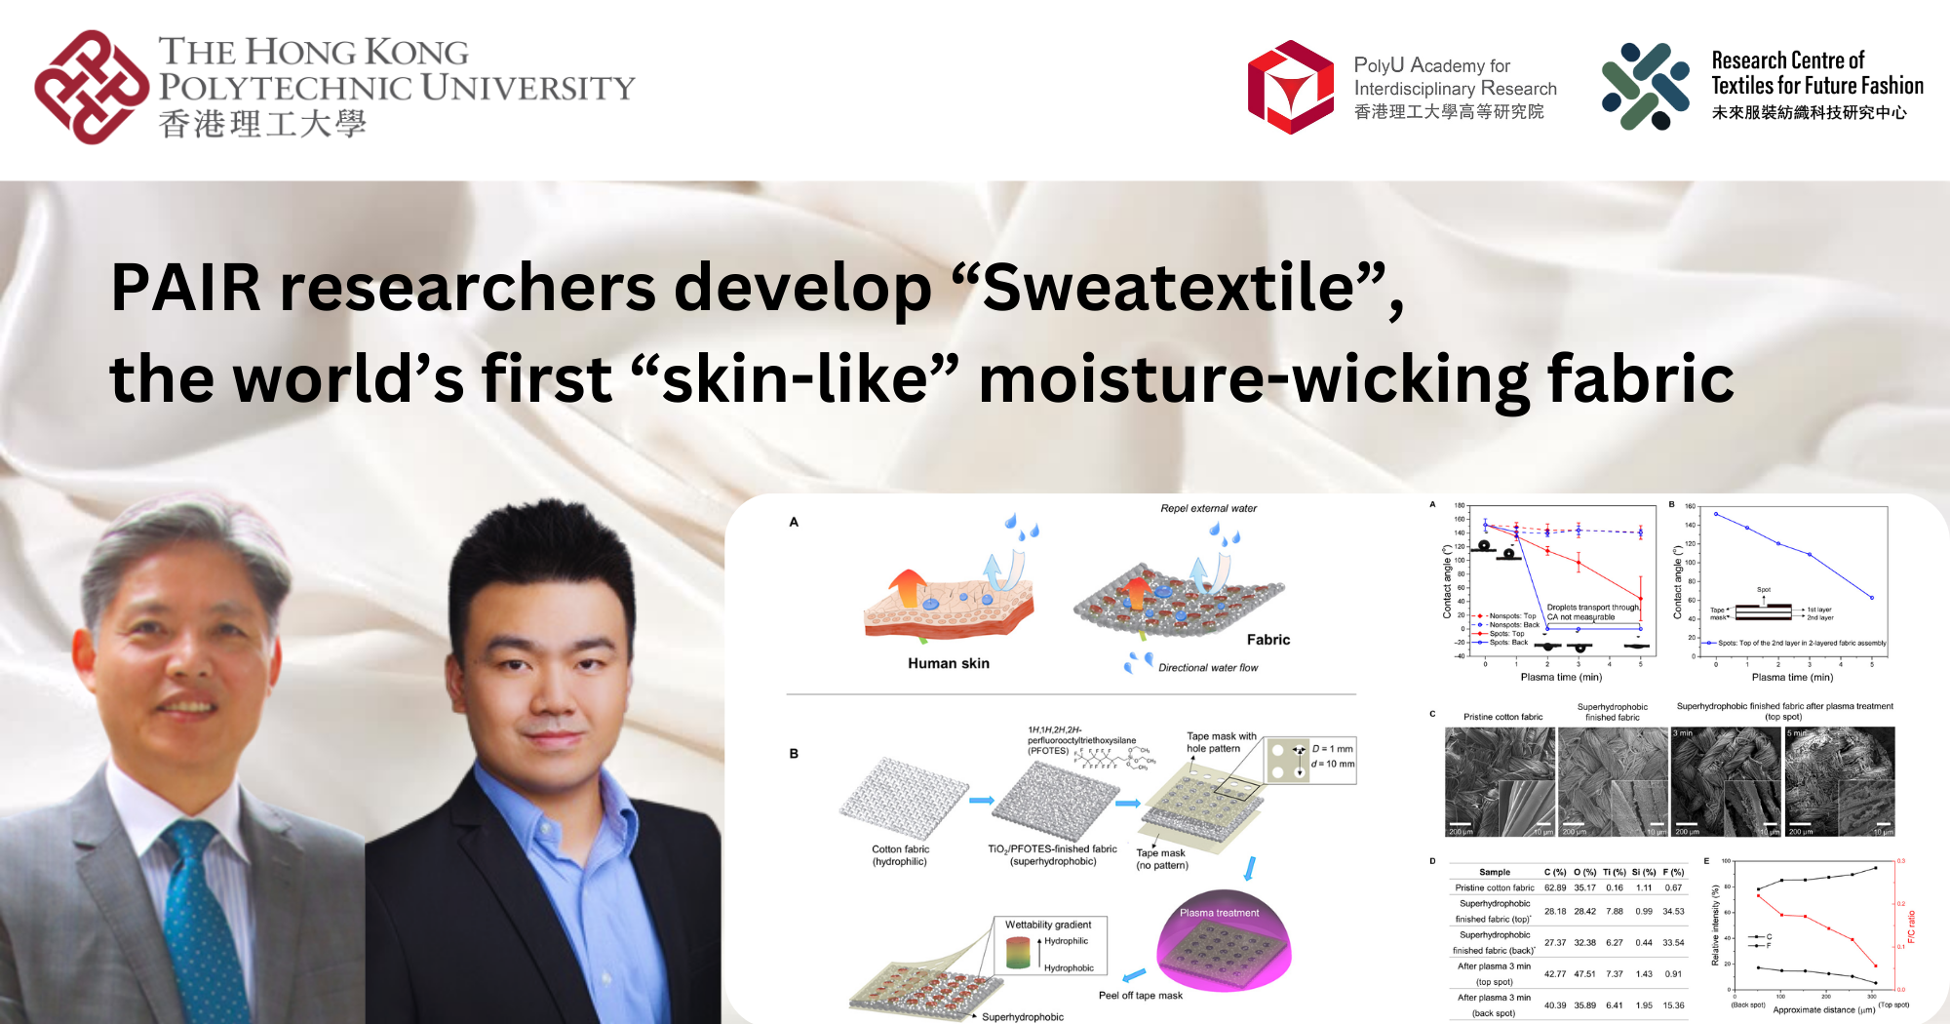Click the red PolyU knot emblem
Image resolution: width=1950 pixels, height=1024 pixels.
(91, 88)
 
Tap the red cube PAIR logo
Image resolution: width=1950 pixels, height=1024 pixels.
(1291, 87)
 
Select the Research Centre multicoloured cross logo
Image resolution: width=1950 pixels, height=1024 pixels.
(1645, 87)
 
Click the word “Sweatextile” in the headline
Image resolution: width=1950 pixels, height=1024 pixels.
(1168, 289)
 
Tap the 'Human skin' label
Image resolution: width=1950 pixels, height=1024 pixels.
(948, 663)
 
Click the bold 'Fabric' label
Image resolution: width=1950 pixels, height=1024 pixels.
(1267, 640)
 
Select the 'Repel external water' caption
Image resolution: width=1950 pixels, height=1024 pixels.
(1208, 508)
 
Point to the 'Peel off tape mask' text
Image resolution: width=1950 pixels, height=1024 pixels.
(1140, 996)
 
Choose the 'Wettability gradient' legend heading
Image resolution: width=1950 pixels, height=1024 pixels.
(1048, 925)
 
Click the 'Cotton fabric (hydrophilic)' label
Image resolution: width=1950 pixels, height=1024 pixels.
(900, 855)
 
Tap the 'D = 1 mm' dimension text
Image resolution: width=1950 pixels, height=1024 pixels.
(1332, 749)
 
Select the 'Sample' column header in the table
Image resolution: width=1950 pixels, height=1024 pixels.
(1494, 872)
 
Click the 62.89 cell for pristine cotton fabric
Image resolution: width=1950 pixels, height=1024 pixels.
(1555, 887)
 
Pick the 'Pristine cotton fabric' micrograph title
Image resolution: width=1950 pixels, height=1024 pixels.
(1502, 717)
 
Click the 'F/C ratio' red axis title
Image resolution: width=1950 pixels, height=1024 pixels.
(1911, 926)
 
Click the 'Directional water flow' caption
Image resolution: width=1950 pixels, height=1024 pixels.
(1207, 668)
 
